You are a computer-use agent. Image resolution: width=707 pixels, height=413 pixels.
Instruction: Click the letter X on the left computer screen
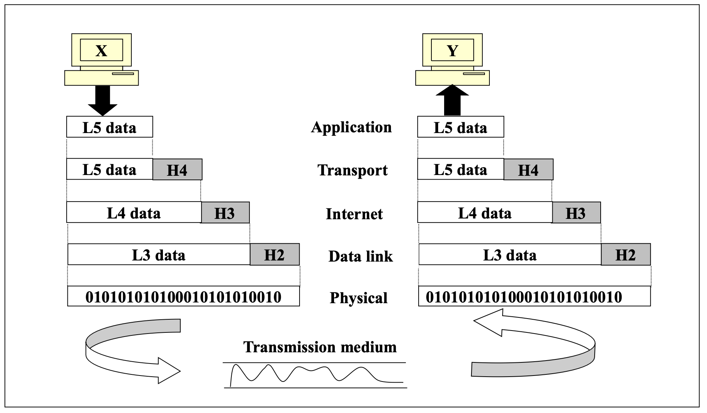coord(101,51)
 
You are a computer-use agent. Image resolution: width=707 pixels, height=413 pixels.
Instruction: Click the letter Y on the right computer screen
coord(453,51)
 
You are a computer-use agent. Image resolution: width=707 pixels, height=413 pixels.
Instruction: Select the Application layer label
coord(351,127)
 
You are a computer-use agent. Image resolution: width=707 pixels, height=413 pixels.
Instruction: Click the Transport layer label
coord(352,170)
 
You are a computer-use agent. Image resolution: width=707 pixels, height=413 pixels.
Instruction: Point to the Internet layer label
coord(354,214)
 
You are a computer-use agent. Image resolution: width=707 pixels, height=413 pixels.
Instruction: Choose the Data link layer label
coord(360,256)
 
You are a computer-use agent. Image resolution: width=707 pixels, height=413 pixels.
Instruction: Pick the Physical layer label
coord(358,298)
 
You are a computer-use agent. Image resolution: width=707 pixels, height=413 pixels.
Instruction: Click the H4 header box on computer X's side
coord(177,170)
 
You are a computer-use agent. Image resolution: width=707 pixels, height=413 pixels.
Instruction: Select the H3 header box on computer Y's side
coord(576,213)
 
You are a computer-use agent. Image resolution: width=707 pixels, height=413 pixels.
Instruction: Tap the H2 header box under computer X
coord(274,255)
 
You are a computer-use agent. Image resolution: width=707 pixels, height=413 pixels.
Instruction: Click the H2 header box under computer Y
coord(625,255)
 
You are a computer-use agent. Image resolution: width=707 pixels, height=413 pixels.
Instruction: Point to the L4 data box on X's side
coord(134,213)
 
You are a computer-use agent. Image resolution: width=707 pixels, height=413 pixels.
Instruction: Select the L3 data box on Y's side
coord(510,255)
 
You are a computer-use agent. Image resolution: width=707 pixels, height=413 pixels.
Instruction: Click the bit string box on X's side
coord(183,297)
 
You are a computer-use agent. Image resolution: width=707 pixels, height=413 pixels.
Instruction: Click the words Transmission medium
coord(320,347)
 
